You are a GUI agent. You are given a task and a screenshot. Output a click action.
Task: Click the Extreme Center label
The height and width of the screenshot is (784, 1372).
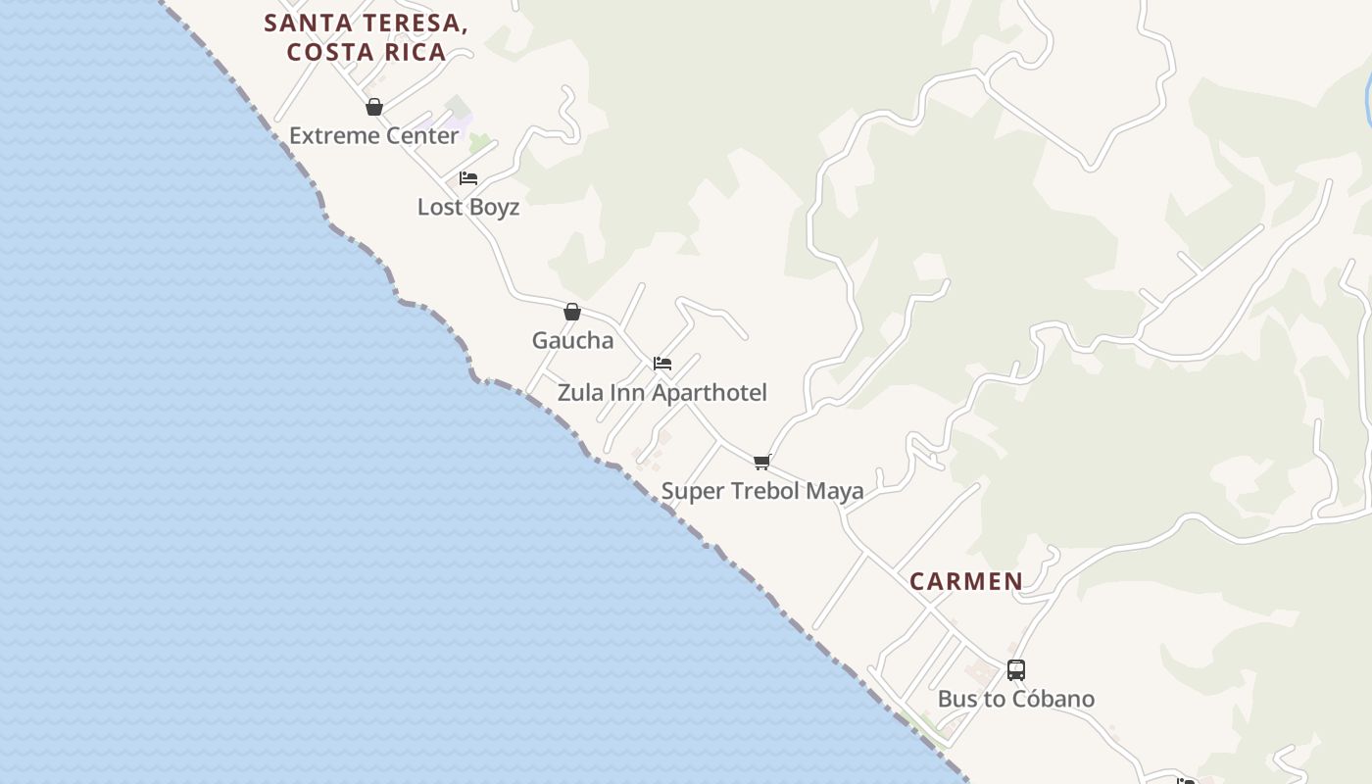373,135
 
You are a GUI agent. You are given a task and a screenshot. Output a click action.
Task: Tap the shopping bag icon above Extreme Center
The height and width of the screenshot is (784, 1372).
373,107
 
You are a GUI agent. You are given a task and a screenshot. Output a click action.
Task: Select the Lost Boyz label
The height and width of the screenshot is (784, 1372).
467,207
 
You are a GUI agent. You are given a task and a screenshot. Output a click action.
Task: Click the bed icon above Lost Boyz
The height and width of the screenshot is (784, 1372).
468,178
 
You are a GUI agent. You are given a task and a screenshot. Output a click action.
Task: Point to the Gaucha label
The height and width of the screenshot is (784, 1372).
572,340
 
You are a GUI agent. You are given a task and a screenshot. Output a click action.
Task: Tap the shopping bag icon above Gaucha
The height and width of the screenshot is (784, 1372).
572,312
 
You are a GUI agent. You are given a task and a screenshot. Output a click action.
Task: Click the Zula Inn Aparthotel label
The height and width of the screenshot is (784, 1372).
661,392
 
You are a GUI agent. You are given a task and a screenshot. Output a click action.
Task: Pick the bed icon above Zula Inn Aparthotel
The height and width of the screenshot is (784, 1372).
662,364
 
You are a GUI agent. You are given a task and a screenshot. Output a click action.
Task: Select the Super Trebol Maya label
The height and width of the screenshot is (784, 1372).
761,490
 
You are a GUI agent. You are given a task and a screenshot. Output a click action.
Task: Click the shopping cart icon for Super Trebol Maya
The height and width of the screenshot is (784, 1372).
762,462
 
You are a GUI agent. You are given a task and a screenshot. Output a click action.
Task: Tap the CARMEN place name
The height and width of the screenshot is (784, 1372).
965,581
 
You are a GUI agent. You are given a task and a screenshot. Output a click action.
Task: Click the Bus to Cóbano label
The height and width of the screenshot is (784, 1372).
1015,699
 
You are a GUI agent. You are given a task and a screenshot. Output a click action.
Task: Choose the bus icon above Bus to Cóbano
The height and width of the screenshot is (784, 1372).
1016,670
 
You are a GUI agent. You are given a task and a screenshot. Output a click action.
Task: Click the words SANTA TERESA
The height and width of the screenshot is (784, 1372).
365,24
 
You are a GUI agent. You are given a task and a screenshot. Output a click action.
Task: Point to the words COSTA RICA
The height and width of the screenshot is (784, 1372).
367,52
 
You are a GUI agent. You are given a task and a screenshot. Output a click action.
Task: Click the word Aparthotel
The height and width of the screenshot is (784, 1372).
710,392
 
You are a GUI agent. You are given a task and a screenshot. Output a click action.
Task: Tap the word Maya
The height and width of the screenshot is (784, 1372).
836,490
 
